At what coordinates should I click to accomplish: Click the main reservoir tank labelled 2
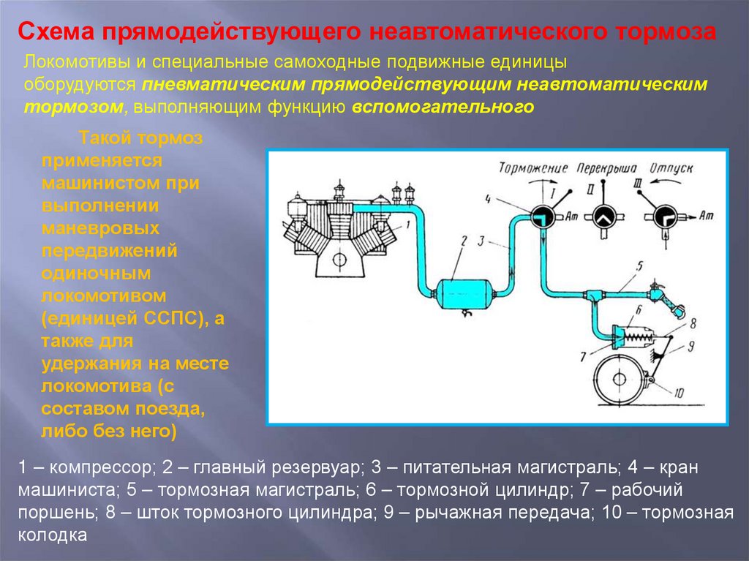point(465,293)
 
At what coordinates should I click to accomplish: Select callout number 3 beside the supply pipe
point(481,240)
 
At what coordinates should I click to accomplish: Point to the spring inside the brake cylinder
point(641,336)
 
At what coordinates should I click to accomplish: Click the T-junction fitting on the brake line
point(592,295)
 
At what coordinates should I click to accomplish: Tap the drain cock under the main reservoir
point(466,312)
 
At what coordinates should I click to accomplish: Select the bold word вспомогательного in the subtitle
point(443,107)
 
